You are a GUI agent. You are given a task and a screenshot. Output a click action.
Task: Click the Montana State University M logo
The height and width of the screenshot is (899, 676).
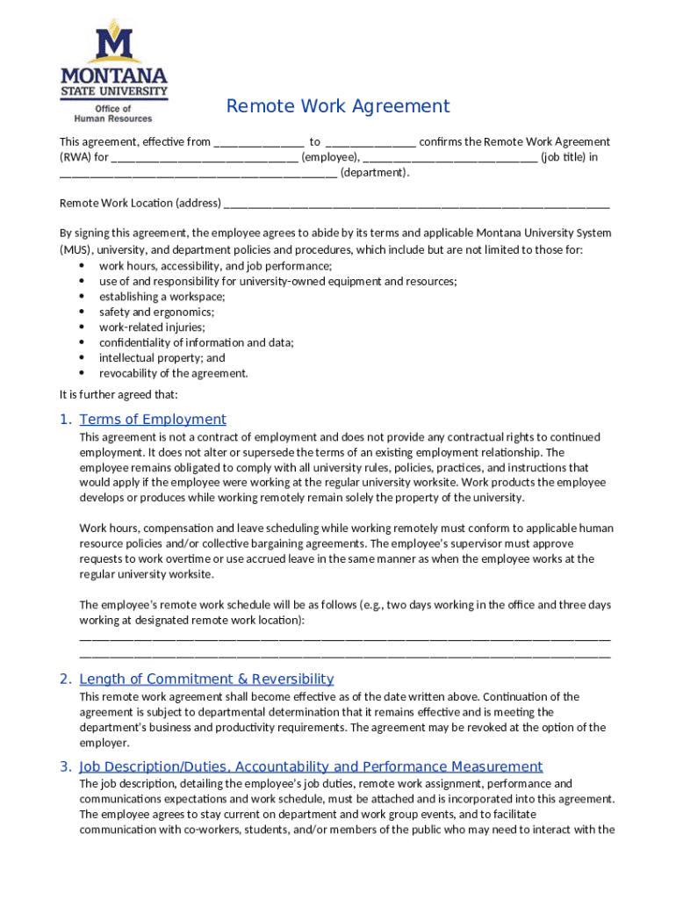113,45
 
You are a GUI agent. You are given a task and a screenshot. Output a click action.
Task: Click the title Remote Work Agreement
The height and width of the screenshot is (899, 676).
338,106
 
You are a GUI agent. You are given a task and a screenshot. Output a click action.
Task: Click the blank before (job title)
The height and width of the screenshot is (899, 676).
449,158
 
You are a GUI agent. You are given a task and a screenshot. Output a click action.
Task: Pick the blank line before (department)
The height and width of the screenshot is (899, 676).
198,173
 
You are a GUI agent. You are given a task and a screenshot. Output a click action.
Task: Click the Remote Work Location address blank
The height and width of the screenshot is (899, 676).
416,205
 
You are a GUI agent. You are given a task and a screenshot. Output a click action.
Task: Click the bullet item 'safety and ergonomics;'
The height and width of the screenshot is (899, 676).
156,312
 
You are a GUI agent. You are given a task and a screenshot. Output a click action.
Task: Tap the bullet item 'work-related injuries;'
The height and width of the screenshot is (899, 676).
152,327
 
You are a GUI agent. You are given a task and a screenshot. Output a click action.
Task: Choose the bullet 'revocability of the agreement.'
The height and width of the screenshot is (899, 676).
173,373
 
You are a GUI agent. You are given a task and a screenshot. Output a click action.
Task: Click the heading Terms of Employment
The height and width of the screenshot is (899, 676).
153,420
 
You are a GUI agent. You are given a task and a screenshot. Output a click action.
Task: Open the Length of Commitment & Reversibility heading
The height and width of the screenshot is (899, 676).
206,679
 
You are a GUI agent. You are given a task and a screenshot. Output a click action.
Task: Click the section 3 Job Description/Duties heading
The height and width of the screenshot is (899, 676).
311,766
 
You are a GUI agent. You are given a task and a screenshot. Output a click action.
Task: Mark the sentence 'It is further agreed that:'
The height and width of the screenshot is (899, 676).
119,394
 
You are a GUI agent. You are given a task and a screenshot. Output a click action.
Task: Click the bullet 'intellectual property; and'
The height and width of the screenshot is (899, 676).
162,358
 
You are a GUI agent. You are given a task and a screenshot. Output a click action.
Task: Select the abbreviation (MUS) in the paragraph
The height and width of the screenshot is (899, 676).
76,250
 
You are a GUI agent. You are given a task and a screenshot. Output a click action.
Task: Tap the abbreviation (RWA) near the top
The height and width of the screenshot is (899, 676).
75,158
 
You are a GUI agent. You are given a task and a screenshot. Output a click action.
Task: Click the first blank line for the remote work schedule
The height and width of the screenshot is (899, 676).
344,637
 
